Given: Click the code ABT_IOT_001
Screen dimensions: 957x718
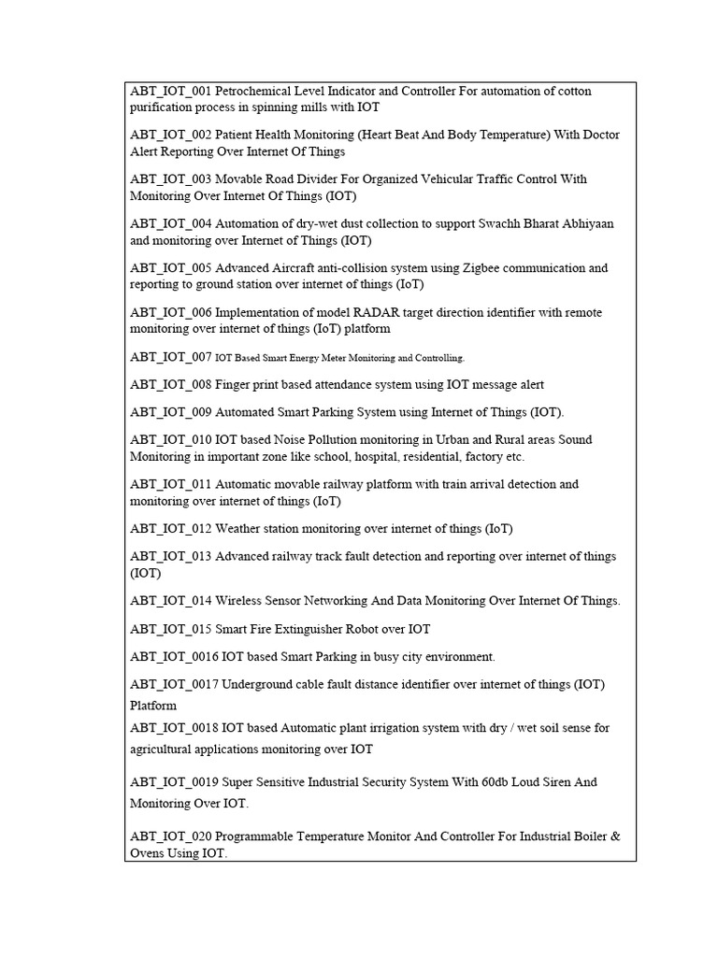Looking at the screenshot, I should click(171, 92).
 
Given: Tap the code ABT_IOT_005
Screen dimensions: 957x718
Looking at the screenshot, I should click(171, 268).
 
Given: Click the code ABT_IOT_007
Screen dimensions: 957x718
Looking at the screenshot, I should click(171, 357).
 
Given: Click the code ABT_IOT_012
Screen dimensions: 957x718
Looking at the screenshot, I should click(171, 529).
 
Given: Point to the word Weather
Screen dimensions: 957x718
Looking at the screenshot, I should click(241, 529).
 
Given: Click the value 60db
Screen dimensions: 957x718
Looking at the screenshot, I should click(481, 782).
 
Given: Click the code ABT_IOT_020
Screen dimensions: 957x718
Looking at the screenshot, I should click(171, 836).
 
